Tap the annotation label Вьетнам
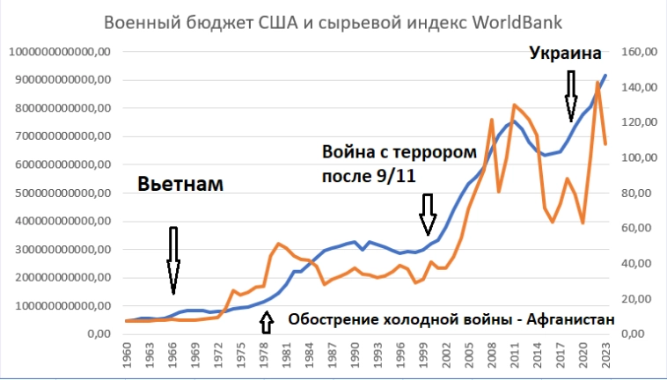coord(180,185)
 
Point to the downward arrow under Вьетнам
coord(173,259)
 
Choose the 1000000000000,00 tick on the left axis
coord(61,52)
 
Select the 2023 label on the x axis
coord(605,358)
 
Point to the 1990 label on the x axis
coord(355,358)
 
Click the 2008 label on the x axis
coord(491,358)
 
